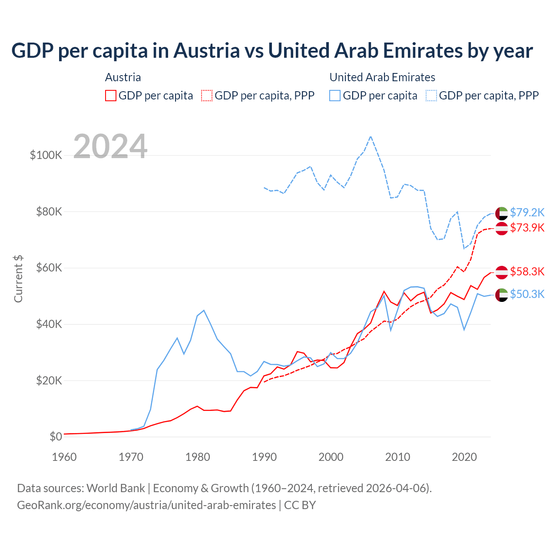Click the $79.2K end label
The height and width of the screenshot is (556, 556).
[x=527, y=212]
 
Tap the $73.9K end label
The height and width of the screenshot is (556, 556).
[x=527, y=228]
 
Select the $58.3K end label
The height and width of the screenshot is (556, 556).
[x=527, y=272]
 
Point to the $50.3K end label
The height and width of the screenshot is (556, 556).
[x=527, y=294]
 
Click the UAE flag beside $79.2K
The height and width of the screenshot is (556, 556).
[x=502, y=213]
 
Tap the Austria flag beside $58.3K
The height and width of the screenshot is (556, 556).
[x=502, y=272]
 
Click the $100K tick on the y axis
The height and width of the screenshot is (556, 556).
[x=46, y=155]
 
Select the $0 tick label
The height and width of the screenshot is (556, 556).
[x=56, y=437]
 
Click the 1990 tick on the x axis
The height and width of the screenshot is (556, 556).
[x=264, y=457]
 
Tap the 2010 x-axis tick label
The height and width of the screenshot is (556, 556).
[x=397, y=457]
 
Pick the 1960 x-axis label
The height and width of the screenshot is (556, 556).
[x=64, y=457]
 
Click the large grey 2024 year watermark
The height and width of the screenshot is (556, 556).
[x=110, y=146]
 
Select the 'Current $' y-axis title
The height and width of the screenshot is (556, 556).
[x=18, y=279]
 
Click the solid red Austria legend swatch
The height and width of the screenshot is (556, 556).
[x=111, y=96]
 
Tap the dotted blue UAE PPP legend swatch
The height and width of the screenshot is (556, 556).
[x=431, y=96]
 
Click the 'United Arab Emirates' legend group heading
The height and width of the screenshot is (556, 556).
[x=382, y=77]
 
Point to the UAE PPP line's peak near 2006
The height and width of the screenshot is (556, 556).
[x=371, y=137]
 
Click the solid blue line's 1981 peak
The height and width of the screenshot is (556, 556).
[x=204, y=311]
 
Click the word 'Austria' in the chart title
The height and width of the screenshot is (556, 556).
[x=207, y=50]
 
